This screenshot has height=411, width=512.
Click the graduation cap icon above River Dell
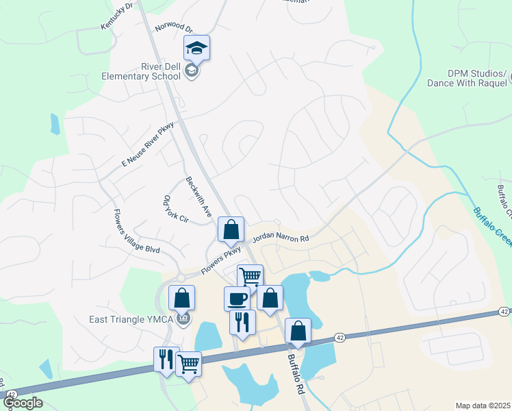tap(196, 48)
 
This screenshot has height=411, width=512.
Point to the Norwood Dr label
tap(174, 27)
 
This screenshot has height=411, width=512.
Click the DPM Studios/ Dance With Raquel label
tap(468, 78)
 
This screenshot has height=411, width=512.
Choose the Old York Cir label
tap(175, 209)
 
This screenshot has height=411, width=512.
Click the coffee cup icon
tap(238, 299)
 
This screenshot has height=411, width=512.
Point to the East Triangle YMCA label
tap(126, 319)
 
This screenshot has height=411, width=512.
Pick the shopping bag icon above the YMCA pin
tap(181, 297)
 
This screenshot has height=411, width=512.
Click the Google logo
tap(23, 403)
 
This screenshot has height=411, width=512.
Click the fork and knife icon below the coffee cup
tap(242, 321)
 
